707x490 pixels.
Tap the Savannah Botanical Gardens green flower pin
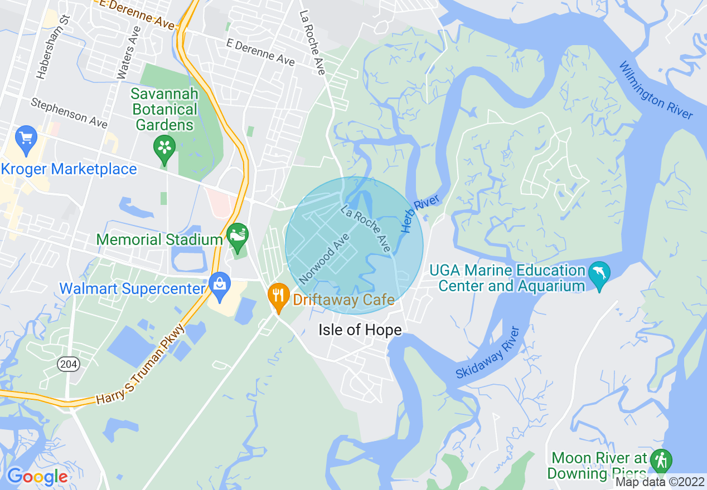164,148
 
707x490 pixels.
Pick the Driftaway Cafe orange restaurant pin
278,297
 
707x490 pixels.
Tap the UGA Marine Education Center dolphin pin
599,275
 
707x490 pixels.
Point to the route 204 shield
68,364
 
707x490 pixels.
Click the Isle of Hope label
360,330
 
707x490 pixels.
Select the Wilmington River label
656,90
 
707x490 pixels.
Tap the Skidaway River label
487,353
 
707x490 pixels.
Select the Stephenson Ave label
69,113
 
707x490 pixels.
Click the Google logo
37,476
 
